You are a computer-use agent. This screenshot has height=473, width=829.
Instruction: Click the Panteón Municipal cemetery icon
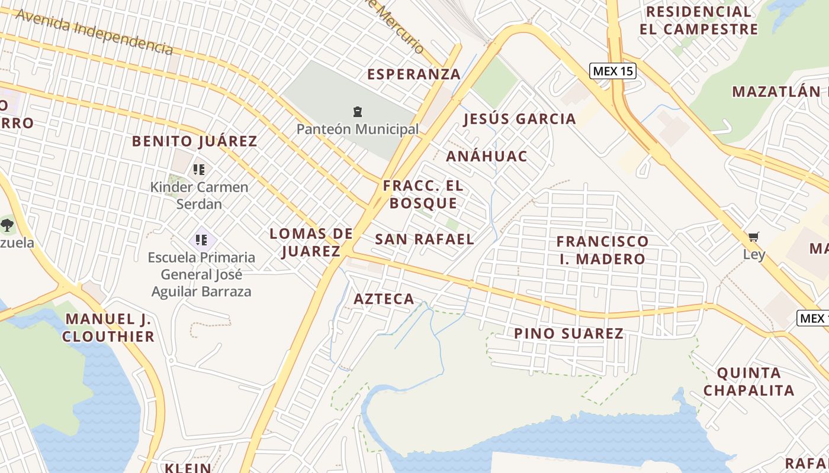point(358,112)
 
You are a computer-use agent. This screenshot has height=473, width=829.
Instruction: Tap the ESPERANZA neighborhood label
point(414,74)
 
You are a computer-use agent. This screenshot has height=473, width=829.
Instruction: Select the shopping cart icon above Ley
point(753,237)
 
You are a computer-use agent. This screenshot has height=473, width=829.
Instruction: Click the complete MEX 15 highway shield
point(613,72)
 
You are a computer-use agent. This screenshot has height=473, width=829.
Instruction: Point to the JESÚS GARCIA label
point(519,119)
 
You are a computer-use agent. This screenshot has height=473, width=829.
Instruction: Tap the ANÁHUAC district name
point(486,157)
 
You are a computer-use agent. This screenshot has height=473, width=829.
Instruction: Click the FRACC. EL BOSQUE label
point(423,195)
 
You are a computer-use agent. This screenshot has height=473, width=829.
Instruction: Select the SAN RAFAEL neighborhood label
point(425,239)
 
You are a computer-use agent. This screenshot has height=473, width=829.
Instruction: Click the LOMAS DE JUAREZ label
point(311,242)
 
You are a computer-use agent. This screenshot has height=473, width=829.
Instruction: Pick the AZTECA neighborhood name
point(384,299)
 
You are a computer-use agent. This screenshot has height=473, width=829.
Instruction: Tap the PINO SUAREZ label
point(568,333)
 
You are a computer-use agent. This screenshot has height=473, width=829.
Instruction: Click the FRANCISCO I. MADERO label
point(602,250)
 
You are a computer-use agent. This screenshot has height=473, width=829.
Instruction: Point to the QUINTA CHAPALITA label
point(748,382)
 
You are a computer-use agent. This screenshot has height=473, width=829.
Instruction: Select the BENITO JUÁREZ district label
point(194,141)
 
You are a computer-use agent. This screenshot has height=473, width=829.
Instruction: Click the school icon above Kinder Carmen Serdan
point(199,170)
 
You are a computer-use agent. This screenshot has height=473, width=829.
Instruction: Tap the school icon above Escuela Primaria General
point(201,240)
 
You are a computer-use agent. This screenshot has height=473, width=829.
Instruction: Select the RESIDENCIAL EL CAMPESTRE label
point(699,20)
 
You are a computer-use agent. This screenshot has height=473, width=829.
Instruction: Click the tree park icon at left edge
point(7,225)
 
